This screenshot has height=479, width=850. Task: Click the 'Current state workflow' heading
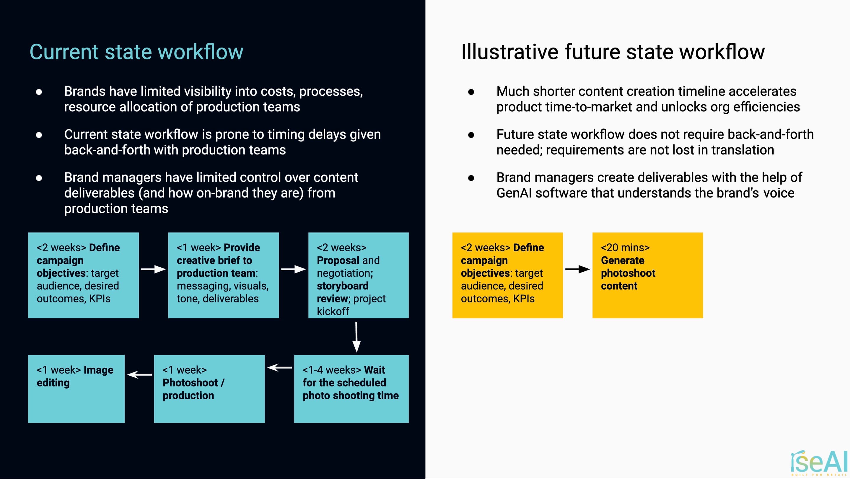click(136, 52)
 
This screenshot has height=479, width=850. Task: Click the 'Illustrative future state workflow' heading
click(613, 52)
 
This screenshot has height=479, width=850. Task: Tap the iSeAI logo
click(819, 462)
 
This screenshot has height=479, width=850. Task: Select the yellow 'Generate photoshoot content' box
click(647, 275)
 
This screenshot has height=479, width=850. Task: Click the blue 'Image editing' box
click(76, 389)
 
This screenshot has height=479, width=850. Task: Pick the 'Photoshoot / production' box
click(209, 389)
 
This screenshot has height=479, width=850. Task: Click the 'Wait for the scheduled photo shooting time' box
click(351, 389)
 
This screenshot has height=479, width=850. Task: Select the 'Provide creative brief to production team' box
click(223, 275)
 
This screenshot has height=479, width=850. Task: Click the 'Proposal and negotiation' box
click(358, 275)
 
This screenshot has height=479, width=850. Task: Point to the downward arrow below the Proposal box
click(356, 337)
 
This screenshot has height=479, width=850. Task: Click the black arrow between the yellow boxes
click(577, 269)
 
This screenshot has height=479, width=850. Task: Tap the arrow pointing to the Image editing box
click(140, 374)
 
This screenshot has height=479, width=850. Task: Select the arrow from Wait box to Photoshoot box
click(279, 367)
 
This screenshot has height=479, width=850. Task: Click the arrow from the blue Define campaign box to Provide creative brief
click(153, 269)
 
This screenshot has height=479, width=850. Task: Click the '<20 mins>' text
click(625, 247)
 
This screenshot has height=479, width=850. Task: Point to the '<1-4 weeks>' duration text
click(332, 370)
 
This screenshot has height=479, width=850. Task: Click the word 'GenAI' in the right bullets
click(514, 193)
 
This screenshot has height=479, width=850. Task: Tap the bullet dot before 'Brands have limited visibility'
click(39, 92)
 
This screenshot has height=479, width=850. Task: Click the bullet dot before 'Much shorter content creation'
click(471, 92)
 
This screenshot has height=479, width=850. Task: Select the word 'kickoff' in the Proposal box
click(333, 311)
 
